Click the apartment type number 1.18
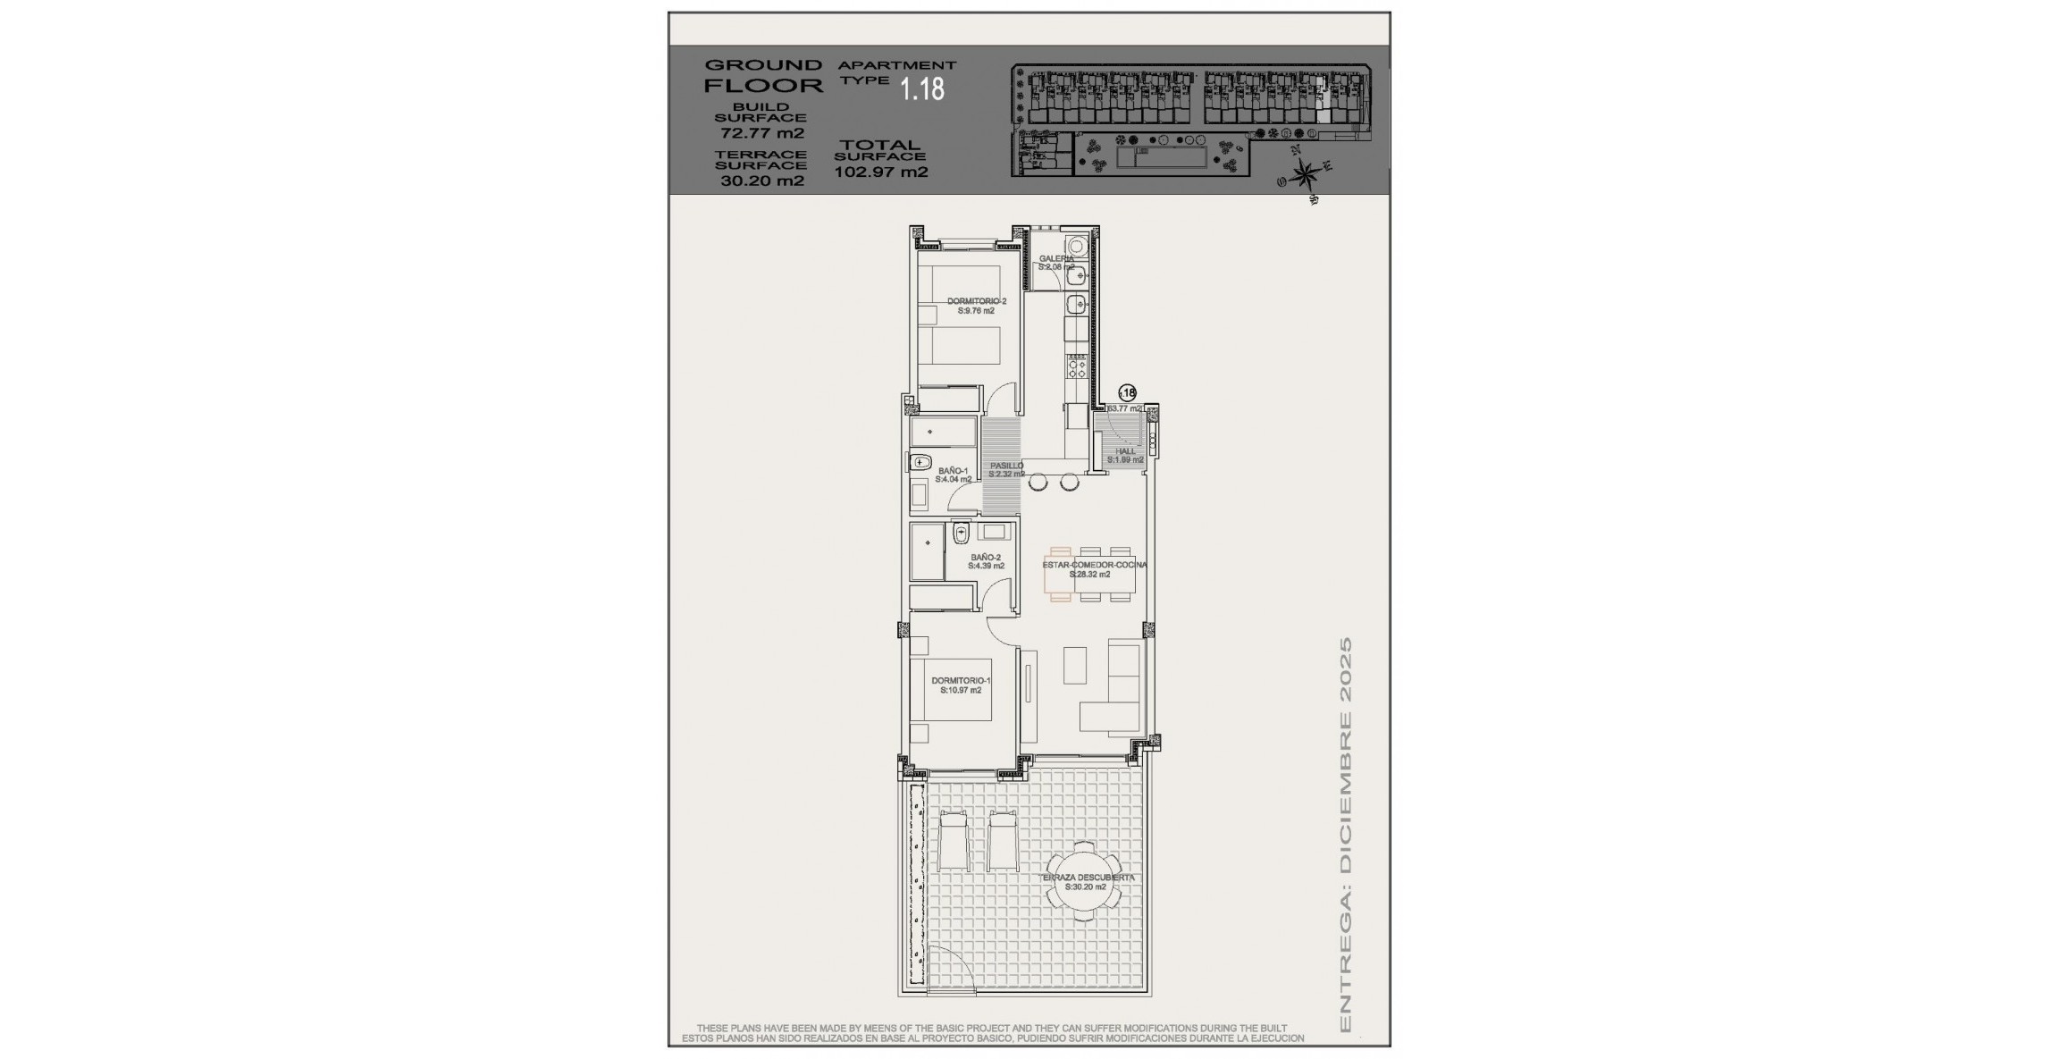tap(921, 89)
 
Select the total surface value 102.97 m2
tap(880, 172)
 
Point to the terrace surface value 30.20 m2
tap(761, 181)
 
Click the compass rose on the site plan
tap(1304, 174)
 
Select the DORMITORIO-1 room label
tap(960, 685)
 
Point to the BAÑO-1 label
tap(953, 475)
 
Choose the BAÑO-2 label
tap(987, 561)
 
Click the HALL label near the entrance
tap(1125, 455)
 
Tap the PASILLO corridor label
tap(1006, 469)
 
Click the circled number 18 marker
tap(1127, 392)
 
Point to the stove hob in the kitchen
tap(1077, 366)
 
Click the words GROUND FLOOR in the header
tap(763, 76)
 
